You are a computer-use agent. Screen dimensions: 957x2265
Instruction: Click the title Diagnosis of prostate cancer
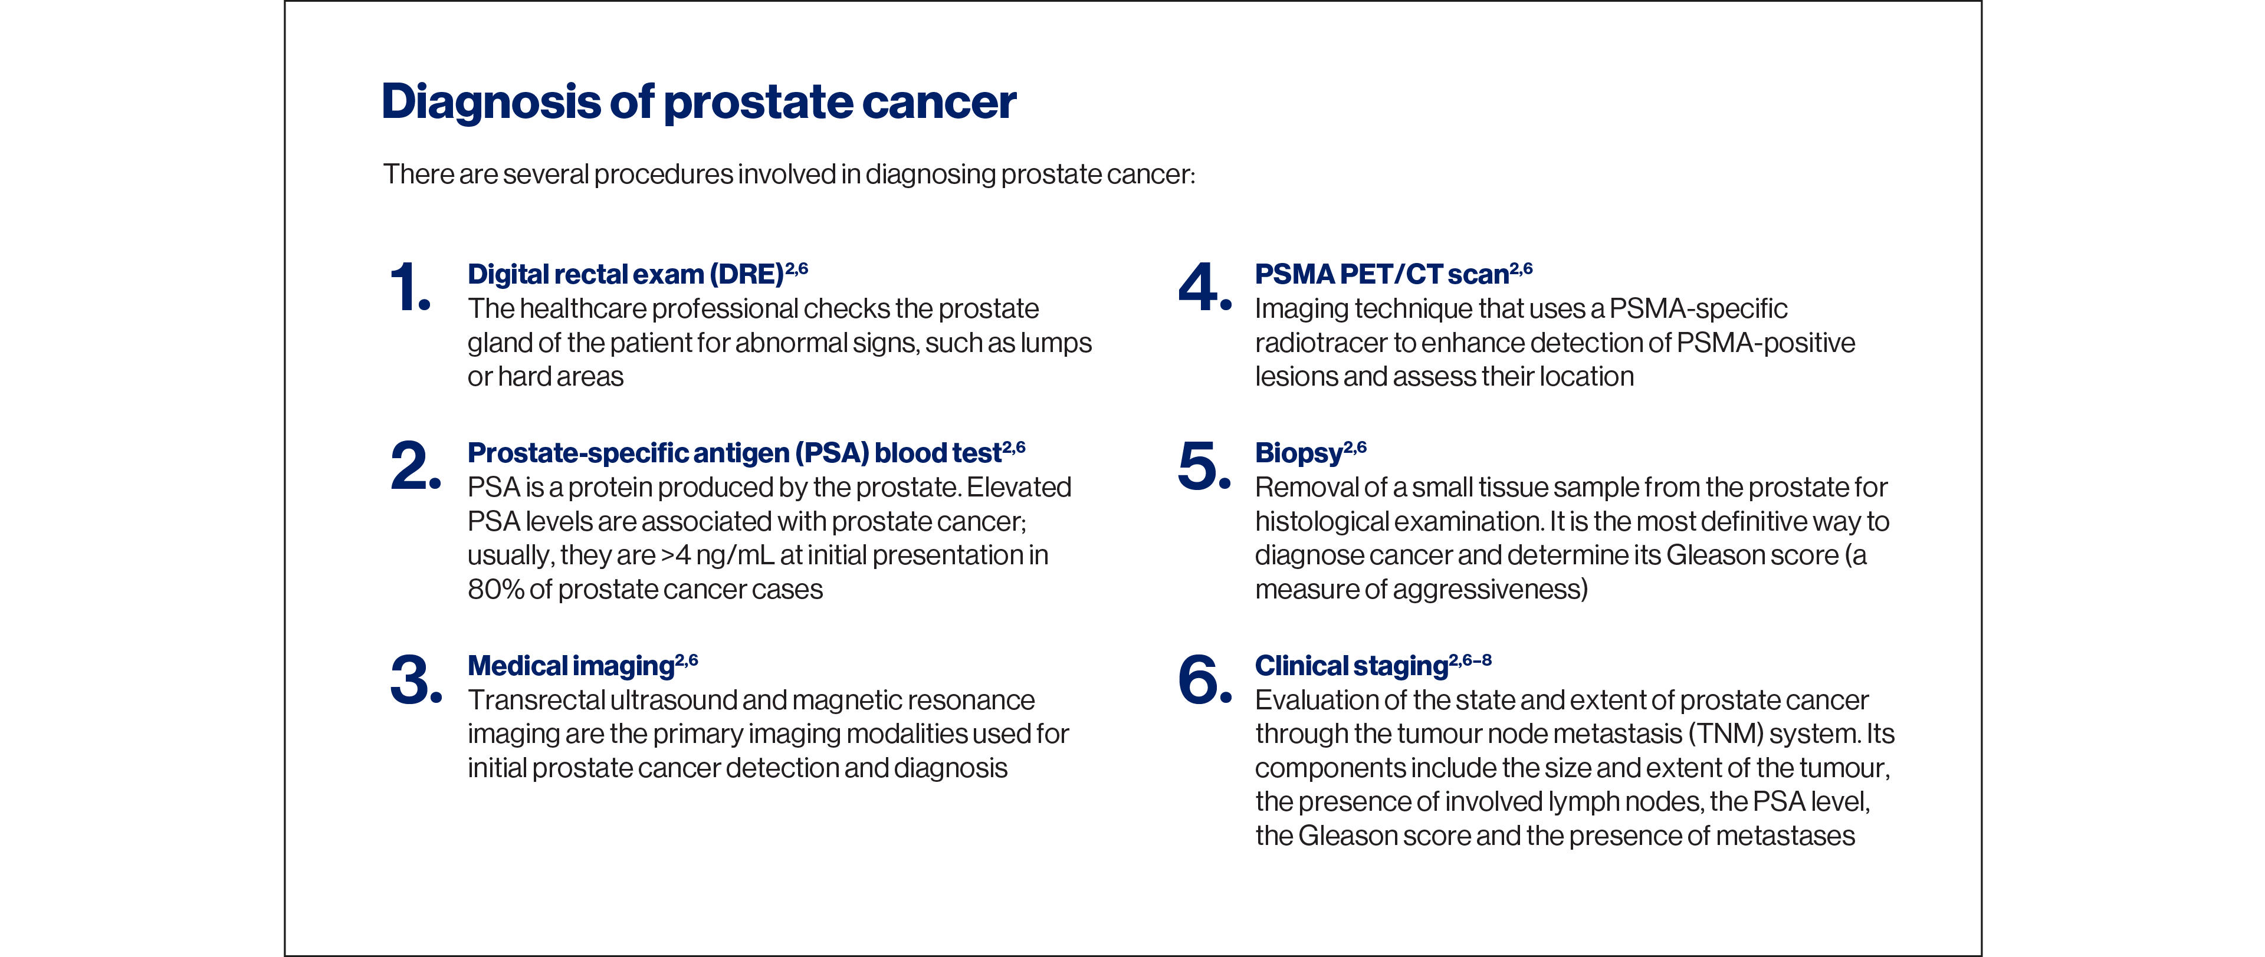click(x=698, y=102)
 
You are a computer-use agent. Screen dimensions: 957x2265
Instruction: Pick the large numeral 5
click(x=1203, y=466)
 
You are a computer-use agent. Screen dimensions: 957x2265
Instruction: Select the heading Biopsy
click(x=1298, y=453)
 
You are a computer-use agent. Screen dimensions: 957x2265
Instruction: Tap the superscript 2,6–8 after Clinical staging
click(x=1470, y=659)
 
